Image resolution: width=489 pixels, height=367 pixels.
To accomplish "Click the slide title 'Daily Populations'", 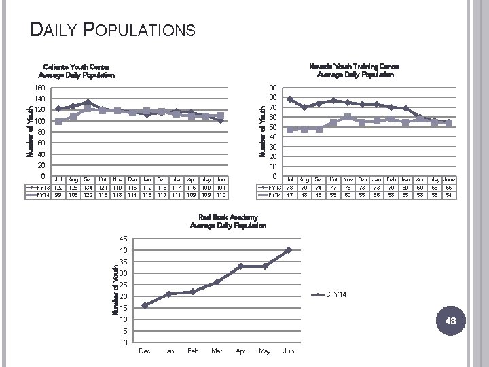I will pos(113,30).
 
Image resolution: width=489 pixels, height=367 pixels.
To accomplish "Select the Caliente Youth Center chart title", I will pos(76,71).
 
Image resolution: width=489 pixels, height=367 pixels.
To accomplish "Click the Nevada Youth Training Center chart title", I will pos(355,71).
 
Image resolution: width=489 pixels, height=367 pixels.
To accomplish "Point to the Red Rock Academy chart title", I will pos(228,222).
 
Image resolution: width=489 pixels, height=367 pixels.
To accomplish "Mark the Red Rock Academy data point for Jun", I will pos(289,250).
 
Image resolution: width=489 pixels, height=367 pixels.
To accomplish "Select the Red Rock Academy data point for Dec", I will pos(145,306).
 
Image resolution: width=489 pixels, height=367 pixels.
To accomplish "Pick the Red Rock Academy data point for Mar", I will pos(217,282).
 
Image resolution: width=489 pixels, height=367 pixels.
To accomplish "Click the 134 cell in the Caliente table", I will pos(88,187).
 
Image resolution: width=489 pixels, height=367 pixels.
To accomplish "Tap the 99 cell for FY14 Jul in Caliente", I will pos(58,195).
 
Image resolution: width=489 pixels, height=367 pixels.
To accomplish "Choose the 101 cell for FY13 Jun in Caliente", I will pos(220,187).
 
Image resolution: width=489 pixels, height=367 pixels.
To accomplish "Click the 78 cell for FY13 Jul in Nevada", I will pos(290,188).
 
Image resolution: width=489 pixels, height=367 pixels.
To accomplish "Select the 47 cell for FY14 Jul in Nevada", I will pos(290,196).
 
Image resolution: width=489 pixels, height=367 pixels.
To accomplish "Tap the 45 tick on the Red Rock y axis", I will pos(123,239).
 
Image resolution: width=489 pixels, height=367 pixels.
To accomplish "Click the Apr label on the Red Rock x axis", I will pos(240,351).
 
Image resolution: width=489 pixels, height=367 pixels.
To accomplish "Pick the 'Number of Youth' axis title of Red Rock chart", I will pos(115,290).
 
